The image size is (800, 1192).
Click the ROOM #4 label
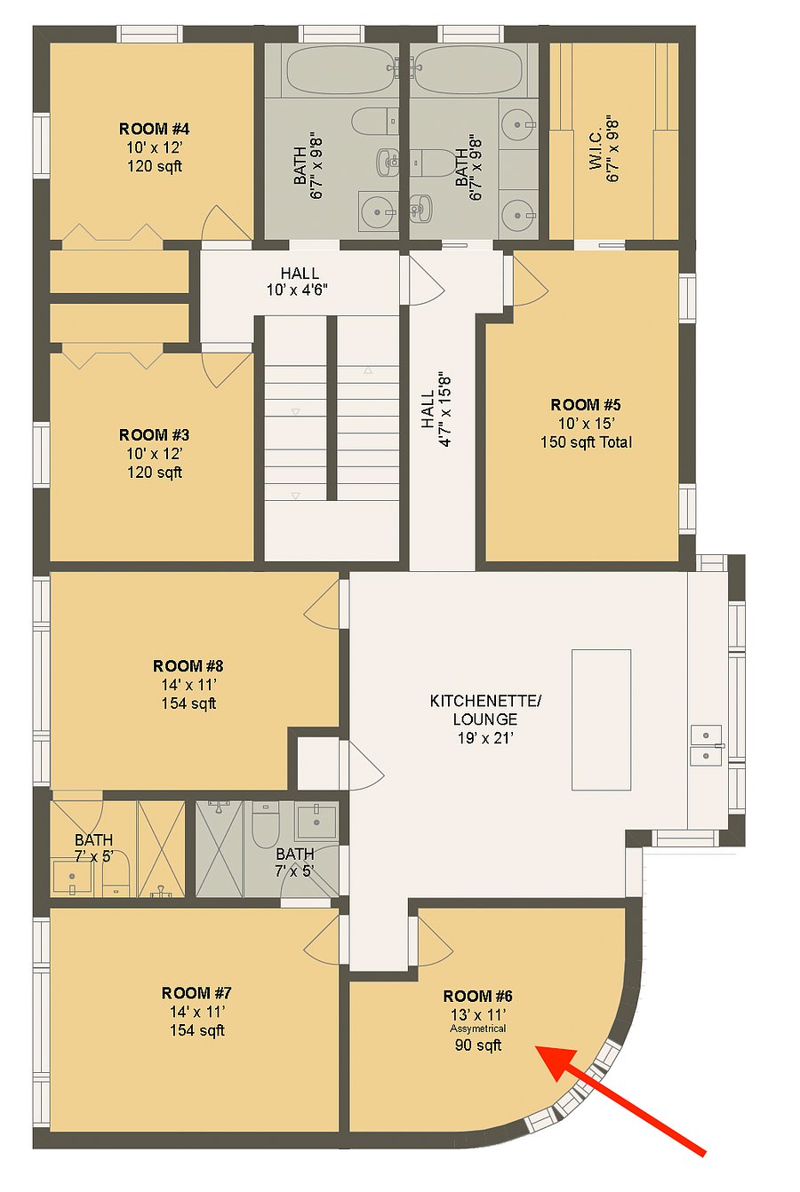[154, 129]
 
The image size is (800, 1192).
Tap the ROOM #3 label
[154, 434]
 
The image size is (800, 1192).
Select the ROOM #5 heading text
[586, 404]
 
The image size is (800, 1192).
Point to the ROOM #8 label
[188, 665]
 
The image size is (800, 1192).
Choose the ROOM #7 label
[196, 993]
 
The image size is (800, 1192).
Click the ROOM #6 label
[477, 996]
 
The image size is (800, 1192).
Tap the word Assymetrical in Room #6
[477, 1029]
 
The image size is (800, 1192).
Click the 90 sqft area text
[477, 1045]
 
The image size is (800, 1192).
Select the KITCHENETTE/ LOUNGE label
[485, 710]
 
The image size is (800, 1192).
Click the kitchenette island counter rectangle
[601, 719]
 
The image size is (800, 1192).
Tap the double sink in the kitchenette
[706, 745]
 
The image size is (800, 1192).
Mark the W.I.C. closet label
[595, 148]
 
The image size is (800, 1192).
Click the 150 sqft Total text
[586, 442]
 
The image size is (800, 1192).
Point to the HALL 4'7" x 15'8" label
[436, 410]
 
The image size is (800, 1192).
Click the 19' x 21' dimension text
[485, 738]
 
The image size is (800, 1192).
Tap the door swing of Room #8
[321, 605]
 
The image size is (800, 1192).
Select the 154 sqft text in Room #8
[188, 703]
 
